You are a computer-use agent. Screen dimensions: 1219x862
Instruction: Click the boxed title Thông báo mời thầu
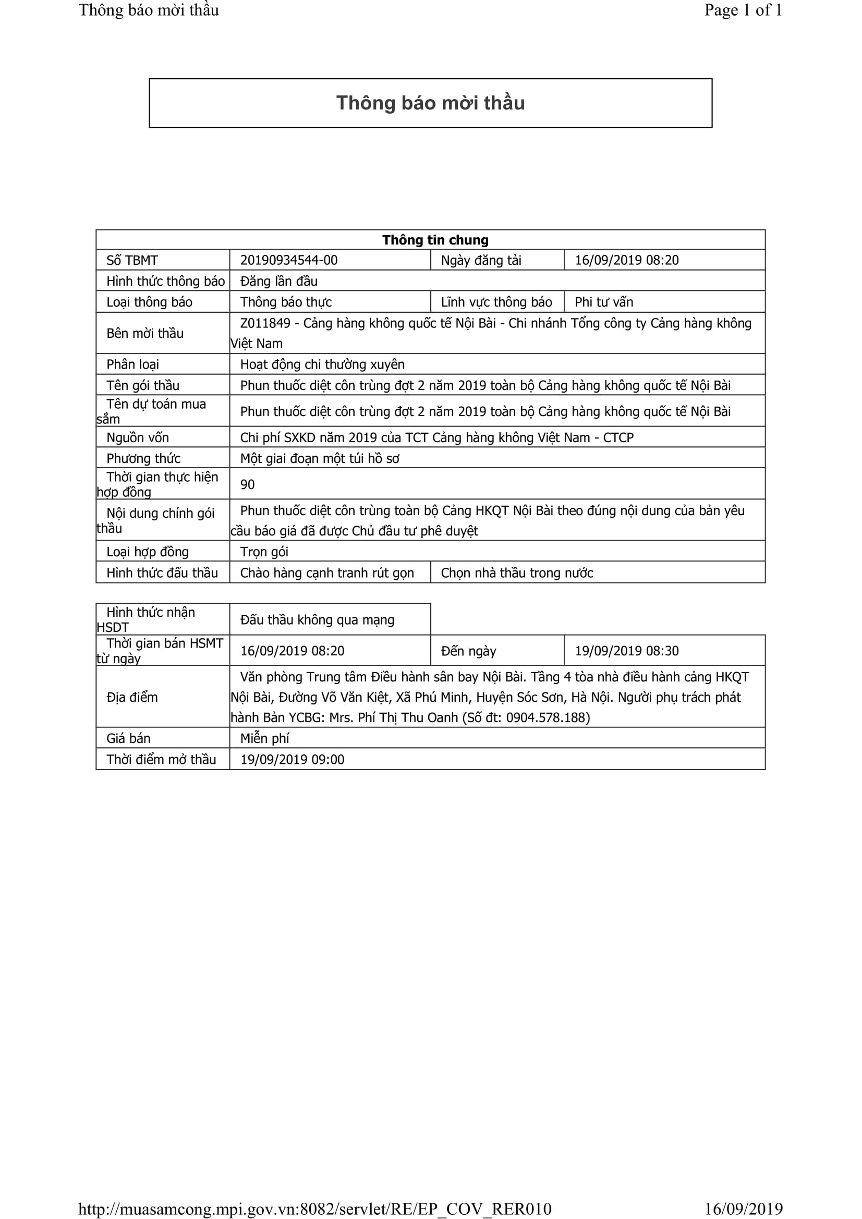(x=430, y=103)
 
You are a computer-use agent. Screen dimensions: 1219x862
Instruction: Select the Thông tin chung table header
(x=435, y=240)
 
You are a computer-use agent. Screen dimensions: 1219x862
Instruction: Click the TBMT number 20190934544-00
(x=288, y=260)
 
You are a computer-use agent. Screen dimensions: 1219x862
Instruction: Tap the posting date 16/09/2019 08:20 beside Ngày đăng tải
(x=626, y=260)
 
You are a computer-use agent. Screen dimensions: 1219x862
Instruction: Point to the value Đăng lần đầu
(x=278, y=281)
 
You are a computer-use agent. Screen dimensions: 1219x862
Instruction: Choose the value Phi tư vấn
(x=603, y=302)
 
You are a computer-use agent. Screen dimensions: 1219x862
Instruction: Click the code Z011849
(x=265, y=323)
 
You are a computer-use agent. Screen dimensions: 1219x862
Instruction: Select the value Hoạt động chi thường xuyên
(x=322, y=364)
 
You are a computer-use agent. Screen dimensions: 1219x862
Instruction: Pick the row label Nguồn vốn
(x=138, y=437)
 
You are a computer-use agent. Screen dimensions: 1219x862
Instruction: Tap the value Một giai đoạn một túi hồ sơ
(x=319, y=458)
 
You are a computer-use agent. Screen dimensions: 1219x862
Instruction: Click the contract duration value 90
(x=247, y=484)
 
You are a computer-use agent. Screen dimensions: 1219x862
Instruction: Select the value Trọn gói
(x=264, y=552)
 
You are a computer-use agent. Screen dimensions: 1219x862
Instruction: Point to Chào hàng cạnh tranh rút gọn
(x=326, y=573)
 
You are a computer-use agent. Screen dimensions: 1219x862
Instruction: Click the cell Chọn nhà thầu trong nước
(x=516, y=573)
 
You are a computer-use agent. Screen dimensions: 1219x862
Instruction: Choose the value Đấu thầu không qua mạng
(x=317, y=619)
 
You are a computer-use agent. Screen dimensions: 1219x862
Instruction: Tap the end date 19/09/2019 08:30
(x=626, y=651)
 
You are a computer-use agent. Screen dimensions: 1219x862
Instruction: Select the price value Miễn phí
(x=264, y=738)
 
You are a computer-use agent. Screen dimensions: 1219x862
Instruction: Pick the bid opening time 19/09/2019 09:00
(x=292, y=760)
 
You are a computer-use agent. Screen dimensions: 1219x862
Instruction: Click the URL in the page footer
(x=314, y=1209)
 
